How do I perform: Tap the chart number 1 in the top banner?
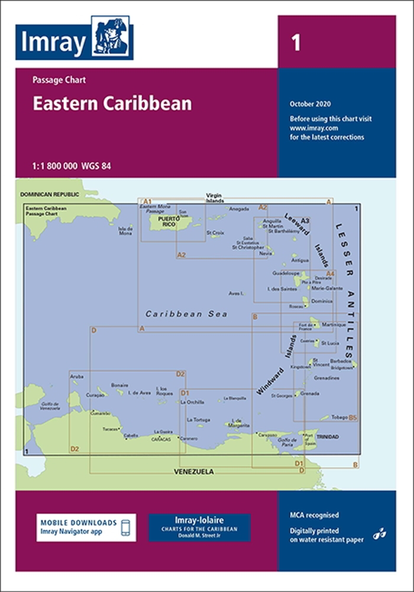click(x=296, y=43)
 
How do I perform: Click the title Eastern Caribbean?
click(x=112, y=104)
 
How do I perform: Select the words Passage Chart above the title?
click(x=55, y=80)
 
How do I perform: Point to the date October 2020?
click(x=310, y=105)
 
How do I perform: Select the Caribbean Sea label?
click(x=186, y=314)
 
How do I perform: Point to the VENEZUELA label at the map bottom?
click(x=193, y=472)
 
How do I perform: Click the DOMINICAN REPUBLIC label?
click(x=49, y=194)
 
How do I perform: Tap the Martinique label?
click(x=334, y=324)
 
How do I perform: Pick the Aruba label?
click(x=77, y=376)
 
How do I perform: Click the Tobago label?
click(x=339, y=417)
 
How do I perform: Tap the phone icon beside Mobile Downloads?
click(x=125, y=527)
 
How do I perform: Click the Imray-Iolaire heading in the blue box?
click(x=199, y=519)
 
